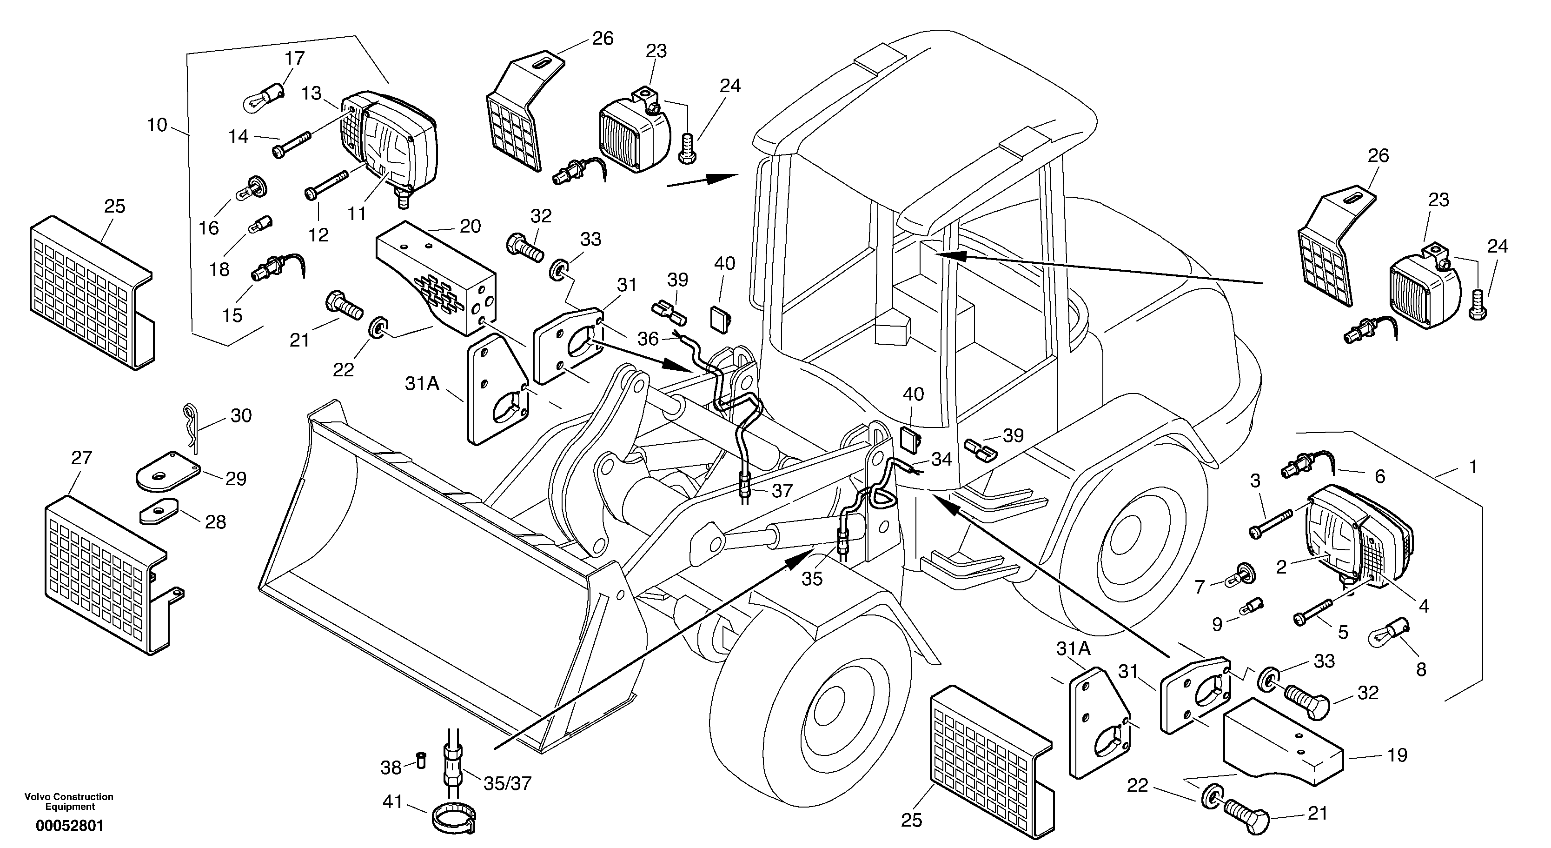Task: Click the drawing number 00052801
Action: pyautogui.click(x=69, y=826)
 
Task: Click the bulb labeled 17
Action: pyautogui.click(x=263, y=96)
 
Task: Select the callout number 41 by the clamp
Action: pyautogui.click(x=392, y=802)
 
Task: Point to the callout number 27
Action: pyautogui.click(x=81, y=458)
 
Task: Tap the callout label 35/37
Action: pyautogui.click(x=508, y=783)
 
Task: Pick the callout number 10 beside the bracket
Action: pyautogui.click(x=157, y=125)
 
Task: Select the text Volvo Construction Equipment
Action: pyautogui.click(x=69, y=801)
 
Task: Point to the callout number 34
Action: pyautogui.click(x=941, y=460)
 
